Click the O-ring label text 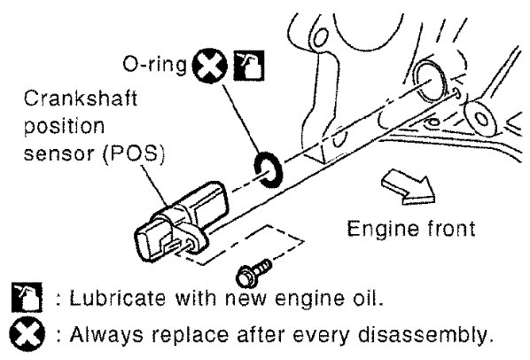click(x=154, y=64)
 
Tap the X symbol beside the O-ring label click(x=210, y=66)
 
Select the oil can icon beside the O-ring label click(x=249, y=66)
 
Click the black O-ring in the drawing click(x=268, y=170)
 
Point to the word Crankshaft click(x=81, y=98)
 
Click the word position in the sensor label click(x=64, y=127)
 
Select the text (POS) click(x=134, y=153)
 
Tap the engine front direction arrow click(x=409, y=187)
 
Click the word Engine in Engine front click(x=378, y=230)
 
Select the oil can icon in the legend click(x=27, y=297)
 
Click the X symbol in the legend click(x=27, y=334)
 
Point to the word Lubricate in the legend click(x=118, y=299)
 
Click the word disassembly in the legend click(x=424, y=335)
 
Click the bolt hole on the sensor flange click(x=191, y=244)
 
